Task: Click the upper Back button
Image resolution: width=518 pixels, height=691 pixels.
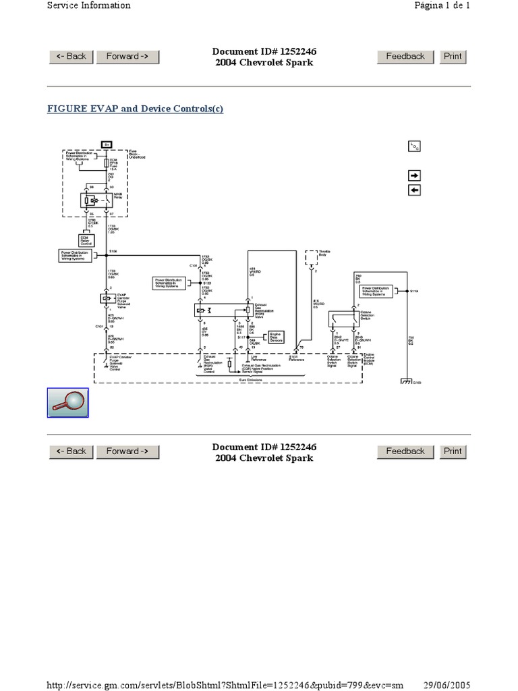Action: [x=71, y=57]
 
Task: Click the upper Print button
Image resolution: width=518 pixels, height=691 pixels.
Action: [x=453, y=57]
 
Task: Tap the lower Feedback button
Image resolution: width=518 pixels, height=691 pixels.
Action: [x=405, y=451]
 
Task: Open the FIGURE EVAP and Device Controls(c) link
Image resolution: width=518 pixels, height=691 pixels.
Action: [x=135, y=109]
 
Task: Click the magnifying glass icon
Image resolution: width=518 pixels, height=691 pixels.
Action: [x=67, y=403]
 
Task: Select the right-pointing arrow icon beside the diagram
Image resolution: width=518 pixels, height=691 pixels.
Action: [x=414, y=175]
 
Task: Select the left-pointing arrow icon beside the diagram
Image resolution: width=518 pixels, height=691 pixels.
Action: [x=414, y=190]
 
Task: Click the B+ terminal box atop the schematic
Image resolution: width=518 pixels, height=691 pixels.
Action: [x=107, y=144]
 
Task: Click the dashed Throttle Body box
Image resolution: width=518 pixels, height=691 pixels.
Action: [x=312, y=256]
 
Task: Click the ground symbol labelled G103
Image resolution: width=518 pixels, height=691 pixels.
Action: [x=406, y=382]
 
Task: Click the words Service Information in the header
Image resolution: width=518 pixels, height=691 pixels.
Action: [x=88, y=5]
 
